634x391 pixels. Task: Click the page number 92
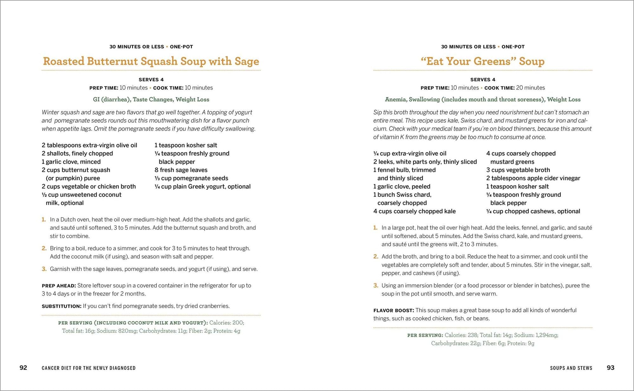click(23, 368)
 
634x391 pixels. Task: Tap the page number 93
click(610, 368)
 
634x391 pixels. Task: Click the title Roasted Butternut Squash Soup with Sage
click(151, 61)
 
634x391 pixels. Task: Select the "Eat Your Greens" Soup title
click(482, 61)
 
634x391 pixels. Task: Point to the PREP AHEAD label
click(59, 286)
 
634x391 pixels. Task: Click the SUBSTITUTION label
click(61, 306)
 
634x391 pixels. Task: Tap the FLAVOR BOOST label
click(393, 310)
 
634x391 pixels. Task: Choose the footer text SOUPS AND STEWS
click(571, 368)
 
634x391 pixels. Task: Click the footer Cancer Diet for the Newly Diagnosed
click(88, 368)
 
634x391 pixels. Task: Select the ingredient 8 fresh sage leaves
click(181, 170)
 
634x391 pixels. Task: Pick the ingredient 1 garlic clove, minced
click(71, 162)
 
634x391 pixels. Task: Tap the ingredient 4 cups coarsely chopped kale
click(414, 211)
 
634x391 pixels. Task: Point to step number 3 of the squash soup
click(44, 269)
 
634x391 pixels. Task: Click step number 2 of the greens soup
click(376, 257)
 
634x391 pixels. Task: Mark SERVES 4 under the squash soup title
click(151, 80)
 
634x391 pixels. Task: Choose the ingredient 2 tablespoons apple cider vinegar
click(533, 178)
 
